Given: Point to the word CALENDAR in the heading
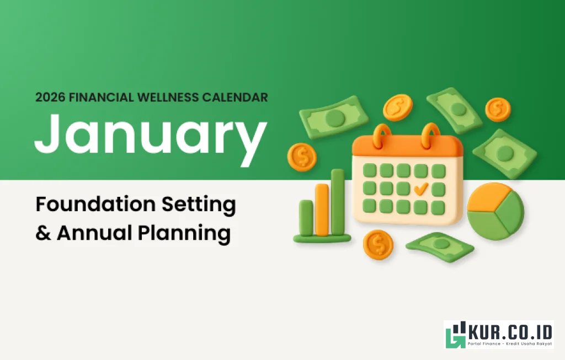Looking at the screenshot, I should pos(238,98).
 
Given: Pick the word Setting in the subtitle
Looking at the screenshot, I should pos(199,205).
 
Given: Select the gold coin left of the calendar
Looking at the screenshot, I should pos(302,157).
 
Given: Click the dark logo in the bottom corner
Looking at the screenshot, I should pos(498,335).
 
